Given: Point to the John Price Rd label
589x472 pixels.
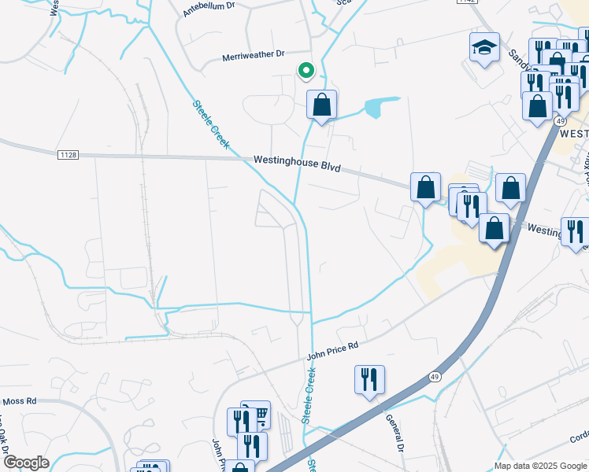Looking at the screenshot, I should click(x=332, y=350).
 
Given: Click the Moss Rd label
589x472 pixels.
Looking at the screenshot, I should click(x=20, y=400).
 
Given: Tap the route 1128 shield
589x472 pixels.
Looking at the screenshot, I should click(x=68, y=155).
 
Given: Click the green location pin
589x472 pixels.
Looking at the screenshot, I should click(x=306, y=71).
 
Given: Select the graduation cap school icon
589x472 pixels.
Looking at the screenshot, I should click(x=484, y=48).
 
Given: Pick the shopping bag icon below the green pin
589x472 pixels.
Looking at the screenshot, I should click(x=321, y=105).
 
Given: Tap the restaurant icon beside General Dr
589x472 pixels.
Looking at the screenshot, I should click(x=369, y=379).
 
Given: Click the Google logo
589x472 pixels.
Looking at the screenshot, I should click(x=25, y=463).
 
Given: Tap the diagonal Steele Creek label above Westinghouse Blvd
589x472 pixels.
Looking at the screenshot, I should click(x=210, y=124).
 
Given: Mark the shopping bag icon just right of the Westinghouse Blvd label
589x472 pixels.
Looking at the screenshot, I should click(x=425, y=187).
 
